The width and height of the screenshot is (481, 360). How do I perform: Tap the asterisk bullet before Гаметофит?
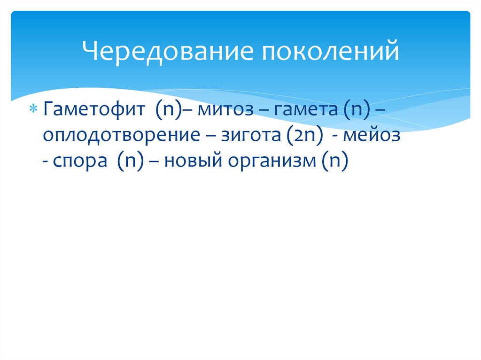[34, 110]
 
